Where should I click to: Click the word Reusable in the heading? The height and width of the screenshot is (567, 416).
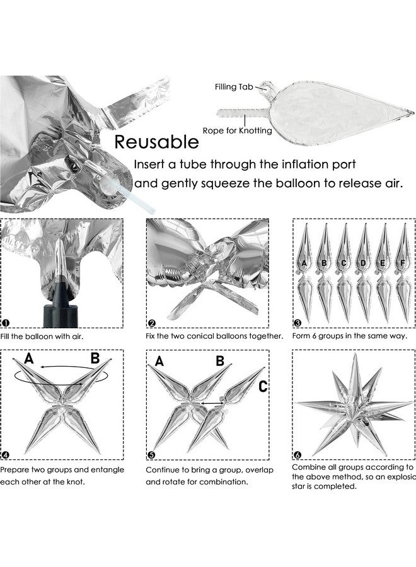click(156, 140)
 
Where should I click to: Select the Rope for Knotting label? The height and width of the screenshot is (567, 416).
click(238, 130)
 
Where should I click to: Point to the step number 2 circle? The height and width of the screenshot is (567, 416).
click(151, 323)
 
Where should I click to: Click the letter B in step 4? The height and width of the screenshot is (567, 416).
click(95, 360)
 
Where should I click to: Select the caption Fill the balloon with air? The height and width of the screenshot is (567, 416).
click(42, 336)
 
